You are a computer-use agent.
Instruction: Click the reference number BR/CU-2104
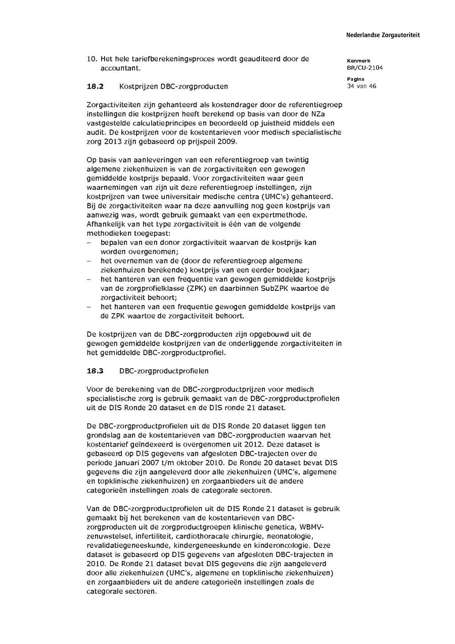click(365, 68)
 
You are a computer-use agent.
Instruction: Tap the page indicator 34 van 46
click(361, 86)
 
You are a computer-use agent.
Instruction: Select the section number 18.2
click(95, 87)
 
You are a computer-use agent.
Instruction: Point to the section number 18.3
click(95, 371)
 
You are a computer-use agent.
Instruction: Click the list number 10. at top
click(93, 59)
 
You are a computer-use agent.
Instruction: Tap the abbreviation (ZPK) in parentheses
click(186, 288)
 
